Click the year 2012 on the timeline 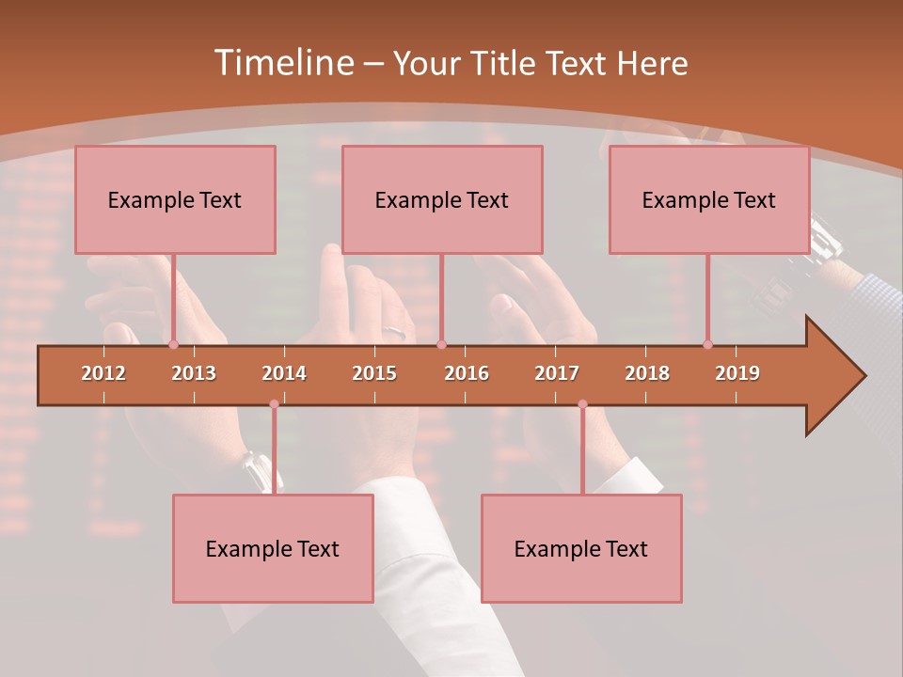(103, 373)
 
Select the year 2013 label (194, 373)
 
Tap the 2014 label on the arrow (284, 373)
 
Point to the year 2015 (374, 373)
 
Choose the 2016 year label (467, 373)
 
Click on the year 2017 (557, 373)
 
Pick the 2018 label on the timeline (647, 373)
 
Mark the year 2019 (737, 373)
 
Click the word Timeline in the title (283, 63)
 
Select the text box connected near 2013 (175, 199)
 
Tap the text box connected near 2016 (442, 199)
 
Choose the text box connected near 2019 (709, 199)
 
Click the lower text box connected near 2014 (273, 549)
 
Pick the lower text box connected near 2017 (581, 549)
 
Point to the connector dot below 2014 (274, 404)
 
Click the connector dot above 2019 (707, 345)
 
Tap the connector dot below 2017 (582, 404)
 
